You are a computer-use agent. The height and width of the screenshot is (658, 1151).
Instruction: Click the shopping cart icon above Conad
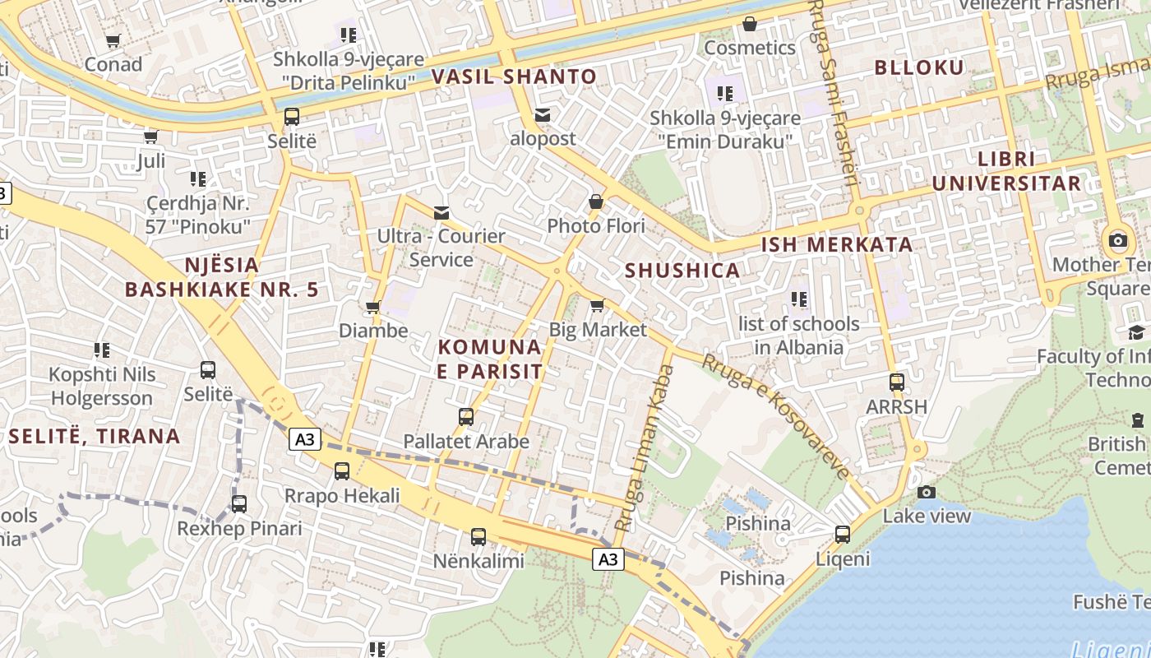113,40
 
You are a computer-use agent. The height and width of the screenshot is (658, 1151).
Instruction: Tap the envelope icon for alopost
543,116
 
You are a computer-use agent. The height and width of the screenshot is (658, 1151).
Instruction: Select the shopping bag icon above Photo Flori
596,202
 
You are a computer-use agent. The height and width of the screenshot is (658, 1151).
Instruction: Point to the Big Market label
598,330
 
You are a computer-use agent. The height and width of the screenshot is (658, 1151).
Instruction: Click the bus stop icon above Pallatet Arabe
466,417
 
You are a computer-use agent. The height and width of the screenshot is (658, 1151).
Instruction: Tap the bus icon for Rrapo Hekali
342,471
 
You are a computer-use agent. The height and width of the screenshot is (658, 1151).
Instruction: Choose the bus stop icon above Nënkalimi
478,537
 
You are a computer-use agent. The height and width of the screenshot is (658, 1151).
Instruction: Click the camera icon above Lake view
927,492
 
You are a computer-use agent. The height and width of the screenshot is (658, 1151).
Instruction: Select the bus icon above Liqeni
843,535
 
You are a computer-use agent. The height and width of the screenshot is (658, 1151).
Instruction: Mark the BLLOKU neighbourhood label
919,67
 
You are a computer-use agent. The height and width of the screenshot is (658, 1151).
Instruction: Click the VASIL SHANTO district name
514,76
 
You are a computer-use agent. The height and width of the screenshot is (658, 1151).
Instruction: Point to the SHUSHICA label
682,271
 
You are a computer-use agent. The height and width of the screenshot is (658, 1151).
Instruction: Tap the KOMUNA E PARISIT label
490,359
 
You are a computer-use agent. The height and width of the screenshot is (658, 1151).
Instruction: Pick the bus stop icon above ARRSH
897,382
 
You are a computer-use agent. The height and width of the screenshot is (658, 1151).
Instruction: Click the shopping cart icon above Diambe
373,308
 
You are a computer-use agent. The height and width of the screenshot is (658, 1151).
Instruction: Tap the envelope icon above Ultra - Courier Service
441,213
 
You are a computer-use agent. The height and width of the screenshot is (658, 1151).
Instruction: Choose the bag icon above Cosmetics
750,24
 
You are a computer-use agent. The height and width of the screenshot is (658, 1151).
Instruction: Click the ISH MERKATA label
837,244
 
